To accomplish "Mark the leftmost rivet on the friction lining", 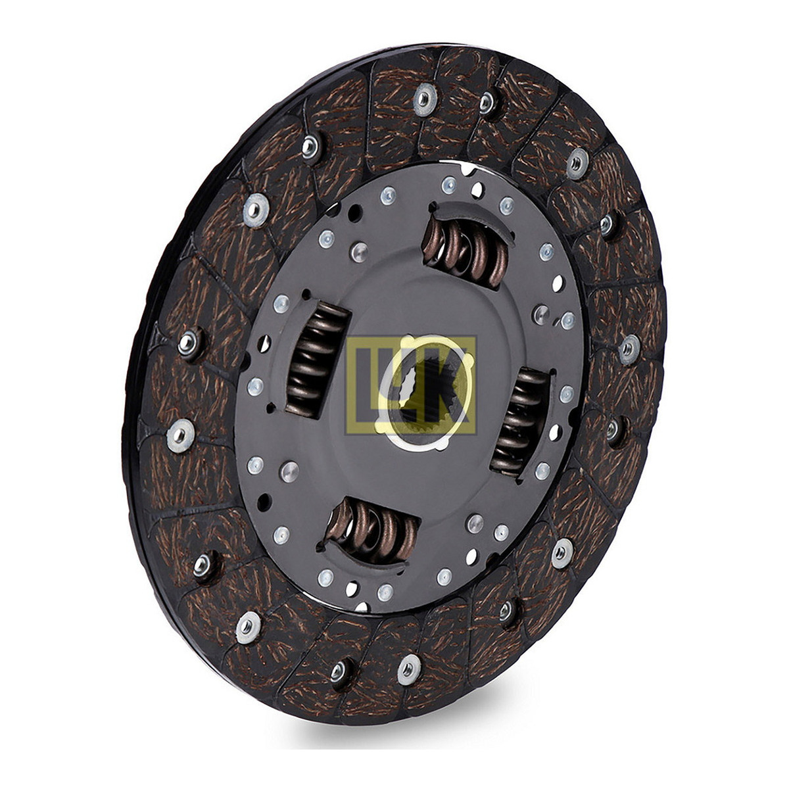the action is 180,436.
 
